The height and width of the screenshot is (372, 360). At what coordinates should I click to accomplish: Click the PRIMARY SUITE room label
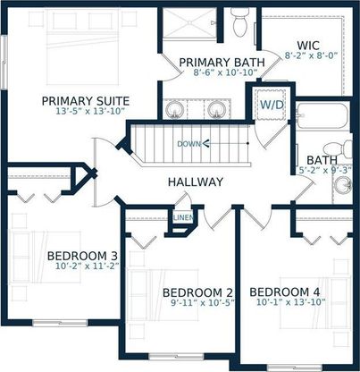[x=86, y=101]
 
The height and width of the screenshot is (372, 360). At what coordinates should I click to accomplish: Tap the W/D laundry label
[x=272, y=105]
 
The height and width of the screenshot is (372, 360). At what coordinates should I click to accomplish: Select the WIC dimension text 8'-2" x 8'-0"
[x=311, y=55]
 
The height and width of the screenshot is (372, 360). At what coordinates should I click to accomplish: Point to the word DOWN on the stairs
[x=188, y=144]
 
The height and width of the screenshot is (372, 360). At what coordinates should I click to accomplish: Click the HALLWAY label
[x=196, y=182]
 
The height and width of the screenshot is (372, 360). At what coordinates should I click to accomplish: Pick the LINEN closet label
[x=183, y=218]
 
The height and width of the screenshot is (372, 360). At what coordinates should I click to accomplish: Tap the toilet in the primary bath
[x=239, y=22]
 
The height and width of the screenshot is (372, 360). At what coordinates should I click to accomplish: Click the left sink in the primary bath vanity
[x=174, y=109]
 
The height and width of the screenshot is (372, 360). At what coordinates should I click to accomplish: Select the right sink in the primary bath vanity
[x=216, y=109]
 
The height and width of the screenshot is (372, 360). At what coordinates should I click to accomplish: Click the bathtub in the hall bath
[x=322, y=116]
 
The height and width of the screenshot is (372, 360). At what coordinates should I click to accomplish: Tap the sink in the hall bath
[x=343, y=185]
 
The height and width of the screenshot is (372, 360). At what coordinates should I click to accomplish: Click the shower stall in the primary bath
[x=189, y=23]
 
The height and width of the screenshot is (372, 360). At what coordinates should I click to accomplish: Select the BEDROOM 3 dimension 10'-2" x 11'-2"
[x=88, y=266]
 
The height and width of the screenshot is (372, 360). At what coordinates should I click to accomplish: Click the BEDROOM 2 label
[x=197, y=292]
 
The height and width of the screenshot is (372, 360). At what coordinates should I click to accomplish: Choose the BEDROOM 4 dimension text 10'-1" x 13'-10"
[x=290, y=302]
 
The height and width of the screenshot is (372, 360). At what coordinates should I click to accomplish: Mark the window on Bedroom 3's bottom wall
[x=60, y=323]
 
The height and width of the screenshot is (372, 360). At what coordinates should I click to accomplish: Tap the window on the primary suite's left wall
[x=4, y=62]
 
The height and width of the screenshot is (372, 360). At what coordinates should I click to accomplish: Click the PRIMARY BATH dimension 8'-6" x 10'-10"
[x=225, y=72]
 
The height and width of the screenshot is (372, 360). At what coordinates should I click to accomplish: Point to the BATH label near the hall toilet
[x=322, y=160]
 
